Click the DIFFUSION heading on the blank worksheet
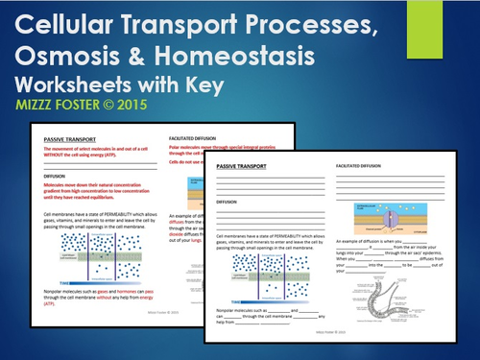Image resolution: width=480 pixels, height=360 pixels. (x=227, y=204)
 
